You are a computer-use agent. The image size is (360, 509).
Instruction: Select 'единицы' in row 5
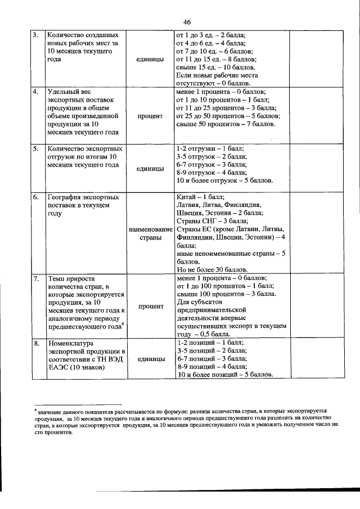(x=150, y=169)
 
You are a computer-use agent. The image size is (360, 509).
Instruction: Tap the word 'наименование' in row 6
(x=150, y=229)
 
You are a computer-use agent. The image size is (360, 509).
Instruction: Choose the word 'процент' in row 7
(x=150, y=307)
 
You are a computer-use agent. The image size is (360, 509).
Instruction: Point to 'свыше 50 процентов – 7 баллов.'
(x=226, y=124)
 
